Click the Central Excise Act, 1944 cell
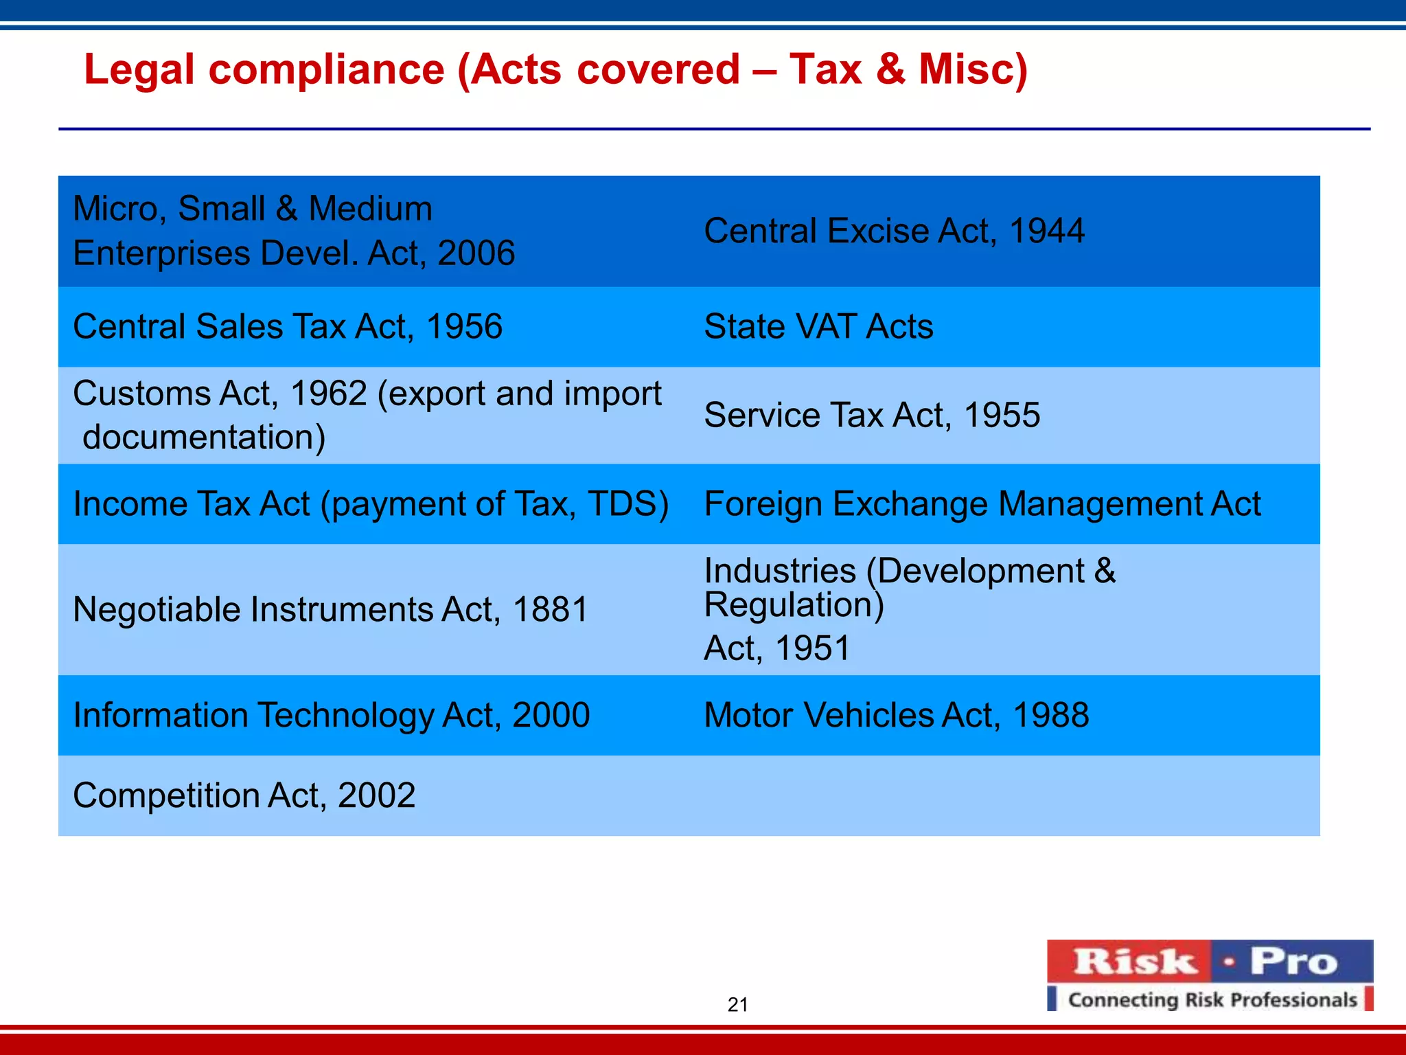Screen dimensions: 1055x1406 point(894,231)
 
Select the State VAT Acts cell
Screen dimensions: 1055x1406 point(818,326)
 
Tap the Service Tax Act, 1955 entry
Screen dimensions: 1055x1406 point(872,415)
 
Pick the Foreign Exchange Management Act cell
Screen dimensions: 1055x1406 point(982,503)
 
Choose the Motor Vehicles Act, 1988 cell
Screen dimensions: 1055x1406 point(896,715)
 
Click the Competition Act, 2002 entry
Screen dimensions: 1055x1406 point(244,795)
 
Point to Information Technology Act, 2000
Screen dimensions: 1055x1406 point(331,715)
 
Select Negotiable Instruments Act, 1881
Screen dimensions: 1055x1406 point(330,609)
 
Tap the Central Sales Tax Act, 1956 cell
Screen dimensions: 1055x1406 point(288,326)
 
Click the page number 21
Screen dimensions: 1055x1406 point(737,1004)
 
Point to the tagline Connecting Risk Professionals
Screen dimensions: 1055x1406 point(1212,999)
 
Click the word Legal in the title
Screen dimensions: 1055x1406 point(139,69)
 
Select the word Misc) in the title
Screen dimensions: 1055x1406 point(973,69)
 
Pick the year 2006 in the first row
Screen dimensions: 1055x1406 point(476,253)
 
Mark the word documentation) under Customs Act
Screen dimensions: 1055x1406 point(204,437)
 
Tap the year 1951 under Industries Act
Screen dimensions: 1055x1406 point(812,648)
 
